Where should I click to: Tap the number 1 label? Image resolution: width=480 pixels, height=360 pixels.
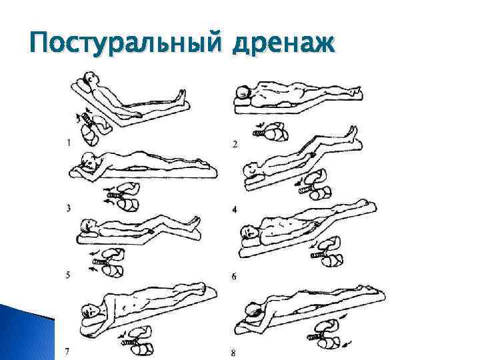69,143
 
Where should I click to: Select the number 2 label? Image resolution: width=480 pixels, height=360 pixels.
235,144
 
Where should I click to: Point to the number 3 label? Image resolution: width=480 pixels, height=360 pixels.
68,209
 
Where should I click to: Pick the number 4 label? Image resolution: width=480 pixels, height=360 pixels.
235,210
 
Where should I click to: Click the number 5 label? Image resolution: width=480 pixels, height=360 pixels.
67,275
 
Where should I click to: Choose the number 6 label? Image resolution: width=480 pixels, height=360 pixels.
234,277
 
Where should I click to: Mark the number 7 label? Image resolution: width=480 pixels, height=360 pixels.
67,353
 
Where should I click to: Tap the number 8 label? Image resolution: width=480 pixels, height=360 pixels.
233,353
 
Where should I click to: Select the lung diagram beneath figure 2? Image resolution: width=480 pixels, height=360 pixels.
271,131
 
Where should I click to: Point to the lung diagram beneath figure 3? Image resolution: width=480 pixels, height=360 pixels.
123,197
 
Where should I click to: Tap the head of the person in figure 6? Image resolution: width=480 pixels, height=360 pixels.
249,232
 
